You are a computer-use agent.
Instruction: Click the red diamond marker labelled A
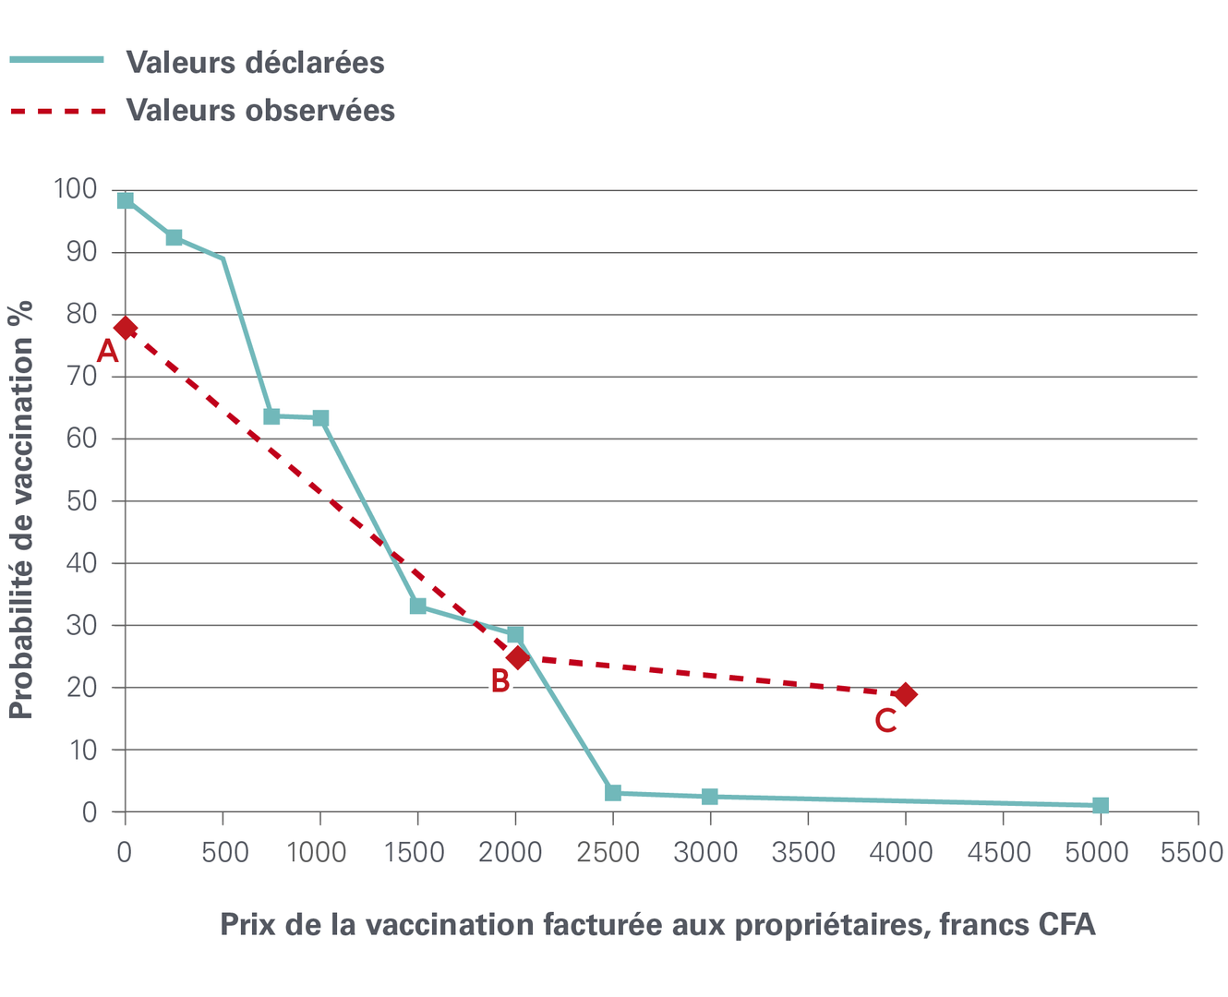[126, 328]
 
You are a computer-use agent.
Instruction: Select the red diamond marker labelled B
[518, 657]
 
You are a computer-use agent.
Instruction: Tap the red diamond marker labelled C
[906, 694]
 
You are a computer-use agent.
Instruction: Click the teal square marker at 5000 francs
[1100, 805]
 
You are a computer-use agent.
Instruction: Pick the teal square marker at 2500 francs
[613, 793]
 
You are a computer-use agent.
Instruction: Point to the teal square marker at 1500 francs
[418, 606]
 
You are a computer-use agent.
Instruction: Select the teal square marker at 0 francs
[126, 200]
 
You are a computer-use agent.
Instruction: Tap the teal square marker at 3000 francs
[710, 796]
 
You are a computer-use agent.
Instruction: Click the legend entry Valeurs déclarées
[255, 62]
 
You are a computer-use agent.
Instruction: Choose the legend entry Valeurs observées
[260, 110]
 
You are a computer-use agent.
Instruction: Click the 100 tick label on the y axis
[75, 189]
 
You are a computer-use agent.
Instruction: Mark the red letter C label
[885, 720]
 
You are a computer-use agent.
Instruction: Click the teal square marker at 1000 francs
[320, 418]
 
